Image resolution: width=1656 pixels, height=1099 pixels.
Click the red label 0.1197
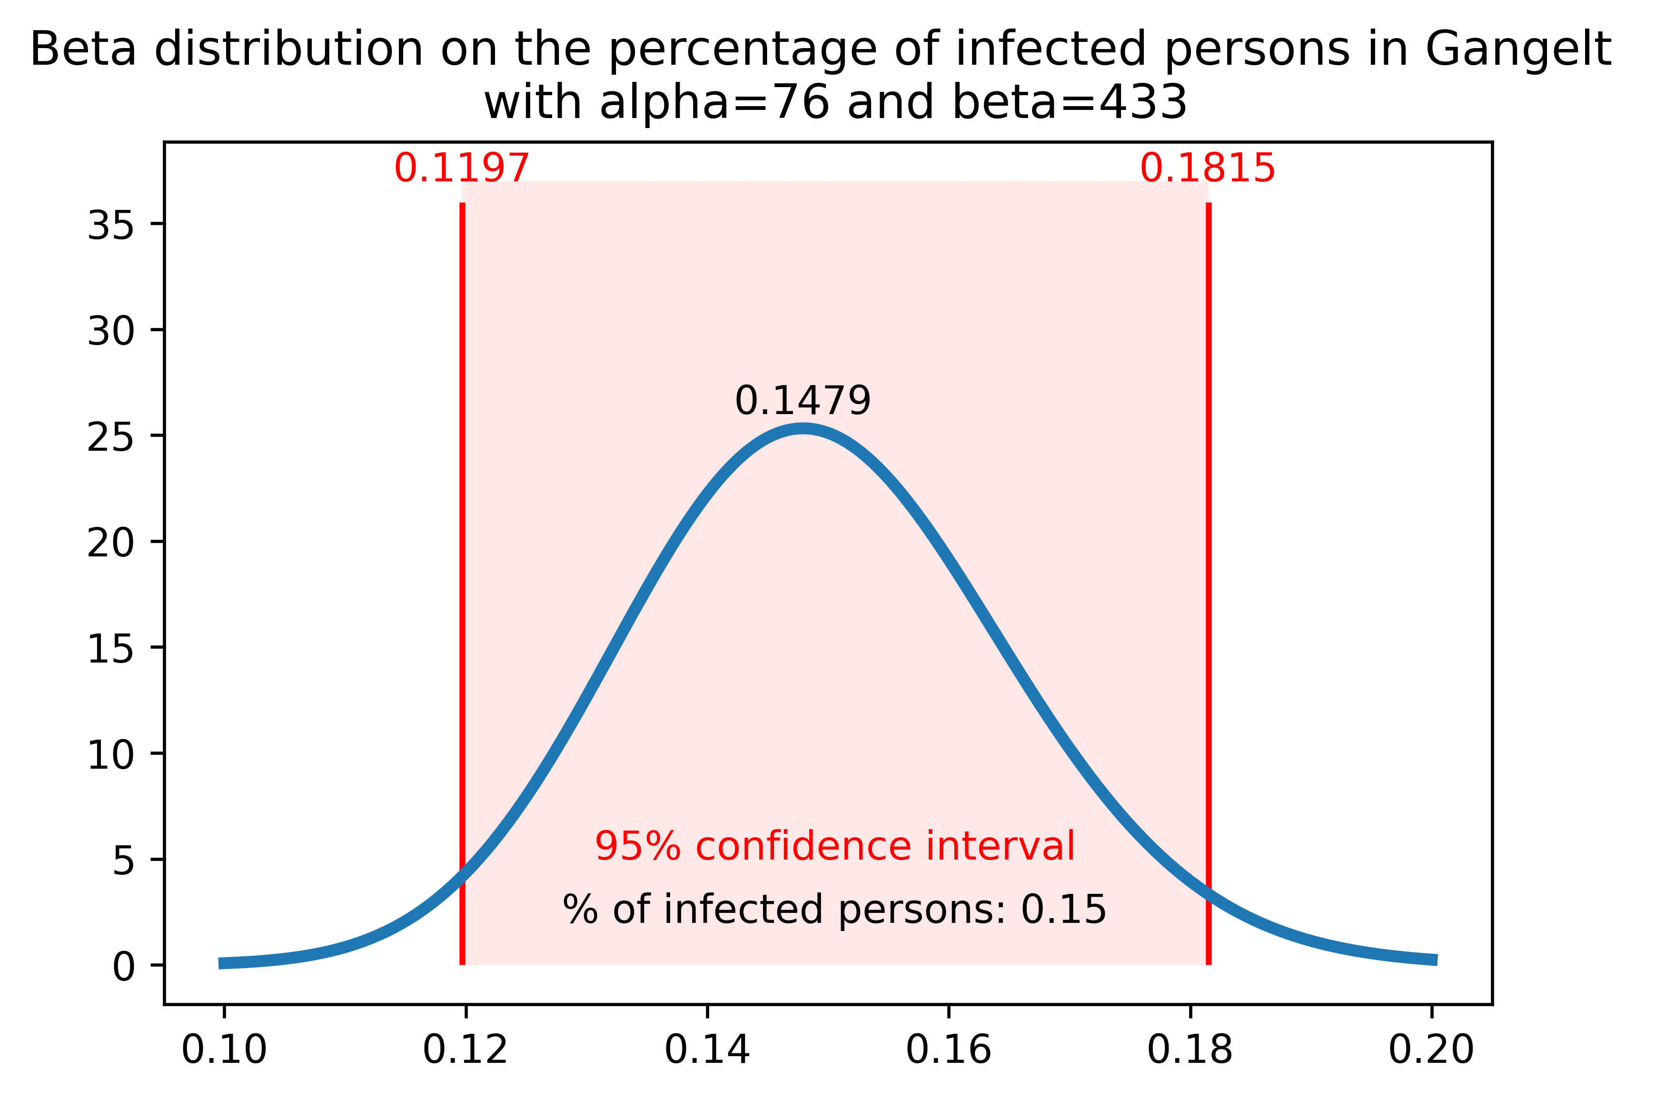(x=461, y=169)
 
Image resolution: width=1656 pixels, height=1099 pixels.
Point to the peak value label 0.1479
(x=803, y=402)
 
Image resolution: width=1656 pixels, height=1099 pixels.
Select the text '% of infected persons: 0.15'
(x=834, y=910)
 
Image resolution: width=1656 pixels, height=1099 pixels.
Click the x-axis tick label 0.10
(x=224, y=1050)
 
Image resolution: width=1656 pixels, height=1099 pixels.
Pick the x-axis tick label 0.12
(x=466, y=1050)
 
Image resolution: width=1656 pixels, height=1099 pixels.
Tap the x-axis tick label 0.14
(x=707, y=1050)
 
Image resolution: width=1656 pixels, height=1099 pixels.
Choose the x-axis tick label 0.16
(x=948, y=1050)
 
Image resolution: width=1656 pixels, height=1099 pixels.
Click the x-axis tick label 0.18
(x=1190, y=1050)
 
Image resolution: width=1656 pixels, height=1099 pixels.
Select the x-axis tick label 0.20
(x=1431, y=1050)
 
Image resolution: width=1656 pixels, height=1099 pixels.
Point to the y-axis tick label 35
(x=110, y=225)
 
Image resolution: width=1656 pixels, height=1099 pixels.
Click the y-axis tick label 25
(x=110, y=437)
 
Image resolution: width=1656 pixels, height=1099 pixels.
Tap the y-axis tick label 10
(x=110, y=755)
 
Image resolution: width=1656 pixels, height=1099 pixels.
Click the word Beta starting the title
(x=83, y=50)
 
